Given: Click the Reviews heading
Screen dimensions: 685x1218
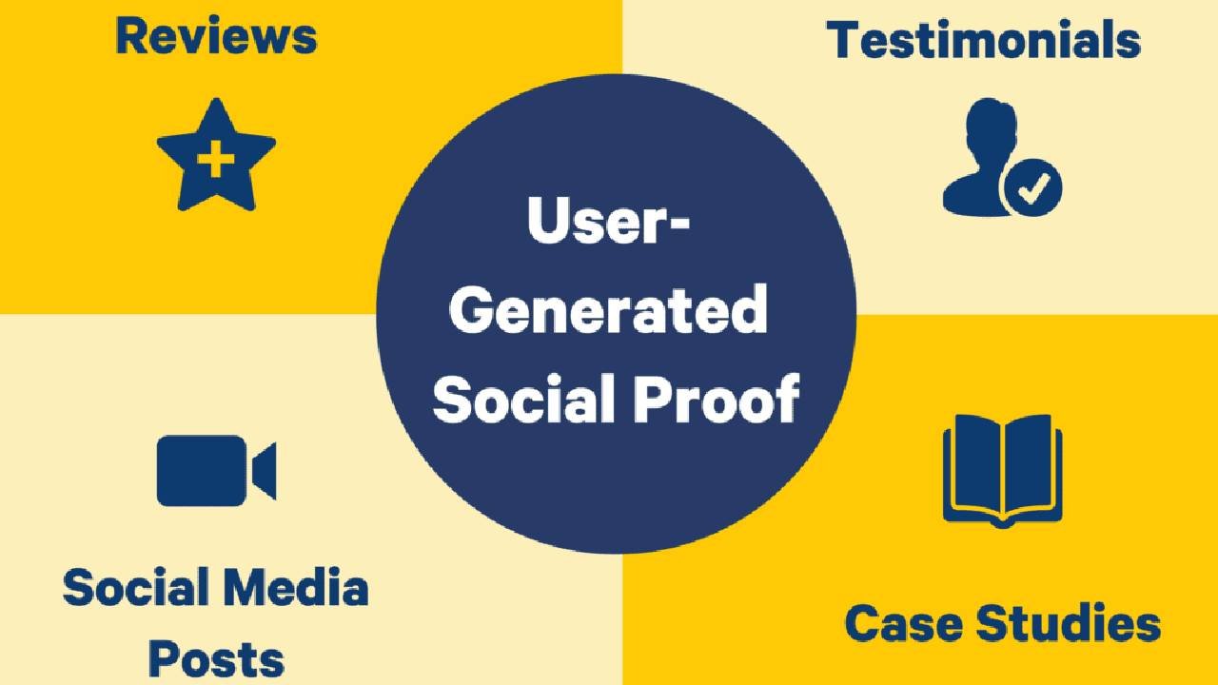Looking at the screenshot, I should tap(216, 36).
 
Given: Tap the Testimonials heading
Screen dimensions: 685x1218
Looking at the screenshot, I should tap(983, 41).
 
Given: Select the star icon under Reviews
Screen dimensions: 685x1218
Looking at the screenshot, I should tap(216, 156).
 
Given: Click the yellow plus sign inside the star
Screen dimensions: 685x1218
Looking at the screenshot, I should tap(216, 159).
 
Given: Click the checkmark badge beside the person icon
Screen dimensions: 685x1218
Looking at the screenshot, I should tap(1031, 189).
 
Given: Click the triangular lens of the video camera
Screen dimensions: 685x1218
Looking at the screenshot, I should tap(264, 470).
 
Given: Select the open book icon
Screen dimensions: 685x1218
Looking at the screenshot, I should tap(1002, 470).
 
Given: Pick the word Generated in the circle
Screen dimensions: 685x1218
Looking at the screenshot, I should tap(608, 311).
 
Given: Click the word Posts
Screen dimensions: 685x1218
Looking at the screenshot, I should tap(216, 656).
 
